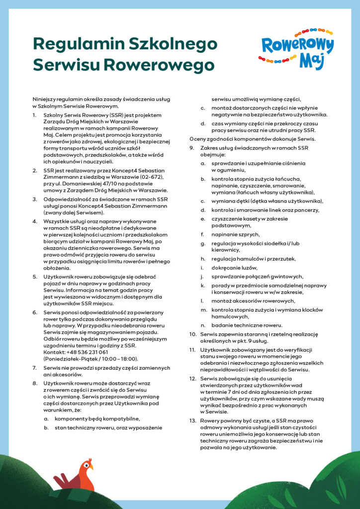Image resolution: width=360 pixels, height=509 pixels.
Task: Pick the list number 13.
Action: click(x=193, y=421)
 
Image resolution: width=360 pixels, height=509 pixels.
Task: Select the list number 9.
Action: click(x=191, y=148)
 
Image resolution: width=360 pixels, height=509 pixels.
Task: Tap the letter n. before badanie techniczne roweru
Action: click(x=203, y=325)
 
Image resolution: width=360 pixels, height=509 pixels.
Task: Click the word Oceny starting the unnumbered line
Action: click(x=198, y=139)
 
